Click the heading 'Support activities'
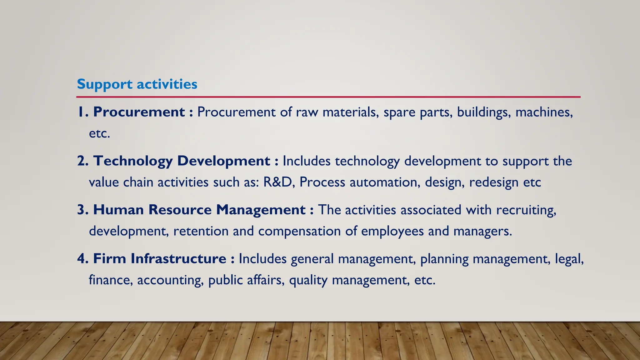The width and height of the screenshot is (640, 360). click(x=137, y=84)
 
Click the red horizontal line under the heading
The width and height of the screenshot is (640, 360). click(x=328, y=97)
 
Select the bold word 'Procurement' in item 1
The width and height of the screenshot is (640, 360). click(x=139, y=112)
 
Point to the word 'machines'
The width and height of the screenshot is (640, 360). click(x=544, y=112)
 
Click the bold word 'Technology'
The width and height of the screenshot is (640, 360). click(x=133, y=161)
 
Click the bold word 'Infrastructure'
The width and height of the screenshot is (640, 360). click(x=178, y=258)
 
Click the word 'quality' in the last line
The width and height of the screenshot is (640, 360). click(x=308, y=280)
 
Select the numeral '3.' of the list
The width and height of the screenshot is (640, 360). click(x=83, y=209)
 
